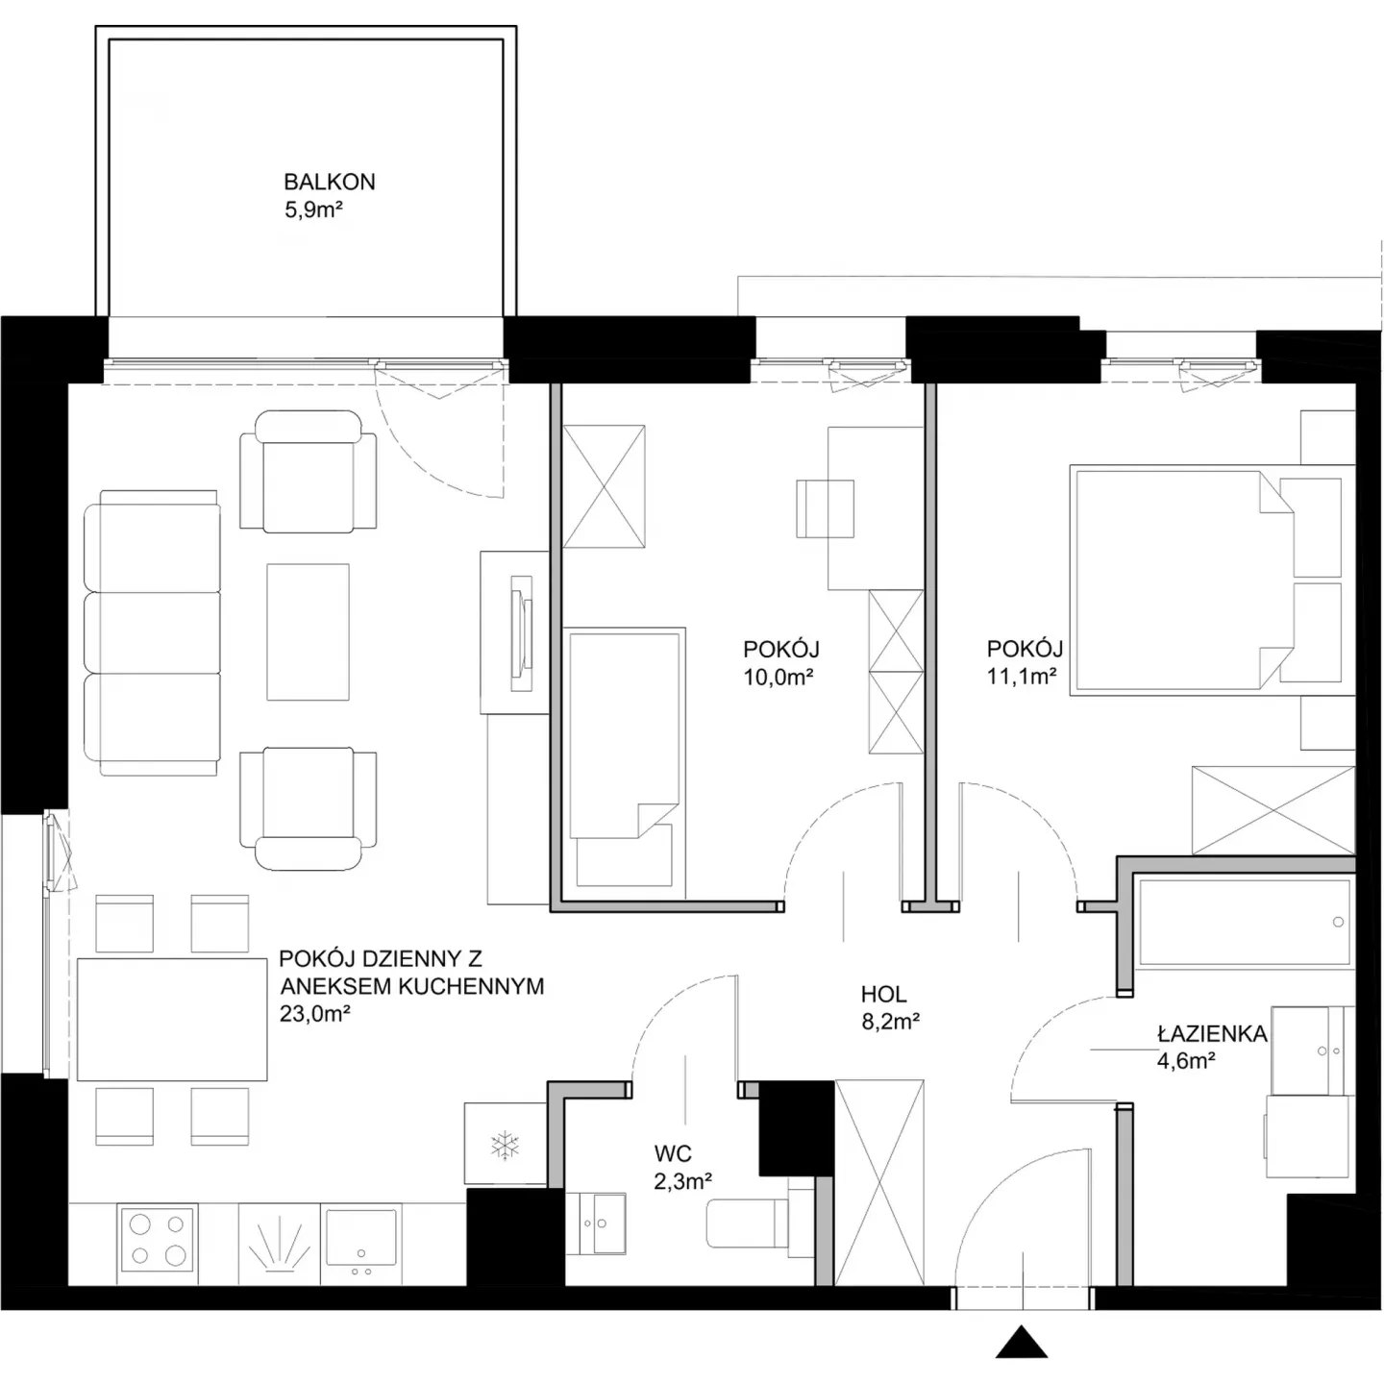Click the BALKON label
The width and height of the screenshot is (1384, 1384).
coord(330,182)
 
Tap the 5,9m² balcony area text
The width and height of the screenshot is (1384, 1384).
coord(313,210)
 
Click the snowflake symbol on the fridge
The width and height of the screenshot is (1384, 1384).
coord(505,1146)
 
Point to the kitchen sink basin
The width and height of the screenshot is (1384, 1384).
coord(360,1238)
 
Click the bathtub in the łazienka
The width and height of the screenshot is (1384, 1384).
coord(1244,922)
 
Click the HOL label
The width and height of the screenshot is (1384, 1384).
coord(883,994)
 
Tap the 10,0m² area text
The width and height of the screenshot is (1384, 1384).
coord(778,678)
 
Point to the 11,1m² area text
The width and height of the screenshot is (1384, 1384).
coord(1022,677)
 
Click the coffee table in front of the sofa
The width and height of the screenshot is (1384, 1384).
coord(309,631)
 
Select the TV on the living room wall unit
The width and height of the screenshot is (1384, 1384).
coord(522,633)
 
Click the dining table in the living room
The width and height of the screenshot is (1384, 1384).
coord(172,1019)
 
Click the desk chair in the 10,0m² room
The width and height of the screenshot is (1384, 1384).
coord(826,508)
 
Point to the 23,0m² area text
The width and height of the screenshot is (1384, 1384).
coord(314,1013)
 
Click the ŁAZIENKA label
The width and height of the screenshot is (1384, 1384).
coord(1212,1033)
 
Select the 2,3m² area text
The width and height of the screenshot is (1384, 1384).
coord(682,1181)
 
